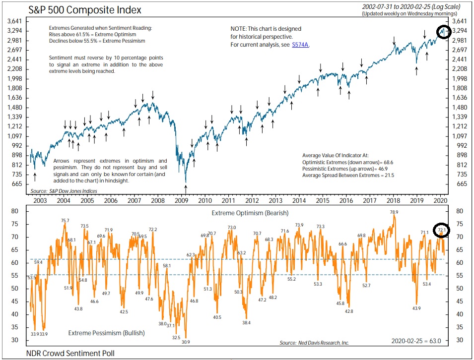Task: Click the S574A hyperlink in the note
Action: tap(299, 45)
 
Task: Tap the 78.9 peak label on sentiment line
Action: tap(394, 212)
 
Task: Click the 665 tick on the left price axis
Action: tap(16, 184)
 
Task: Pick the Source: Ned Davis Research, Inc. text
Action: tap(314, 343)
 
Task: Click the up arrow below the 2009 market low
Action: tap(186, 188)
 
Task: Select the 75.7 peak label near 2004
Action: tap(65, 221)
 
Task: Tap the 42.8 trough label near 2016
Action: tap(349, 311)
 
